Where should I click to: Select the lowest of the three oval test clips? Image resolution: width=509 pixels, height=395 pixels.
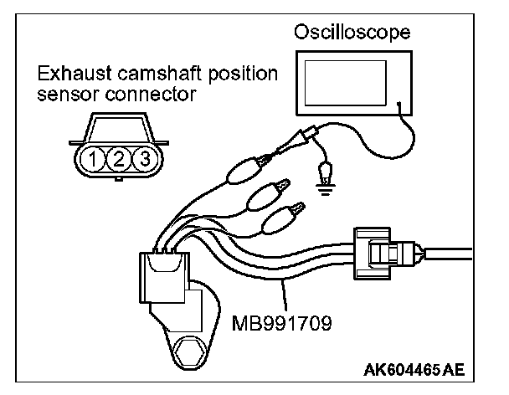(282, 221)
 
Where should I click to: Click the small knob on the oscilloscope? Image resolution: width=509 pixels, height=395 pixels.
(399, 106)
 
